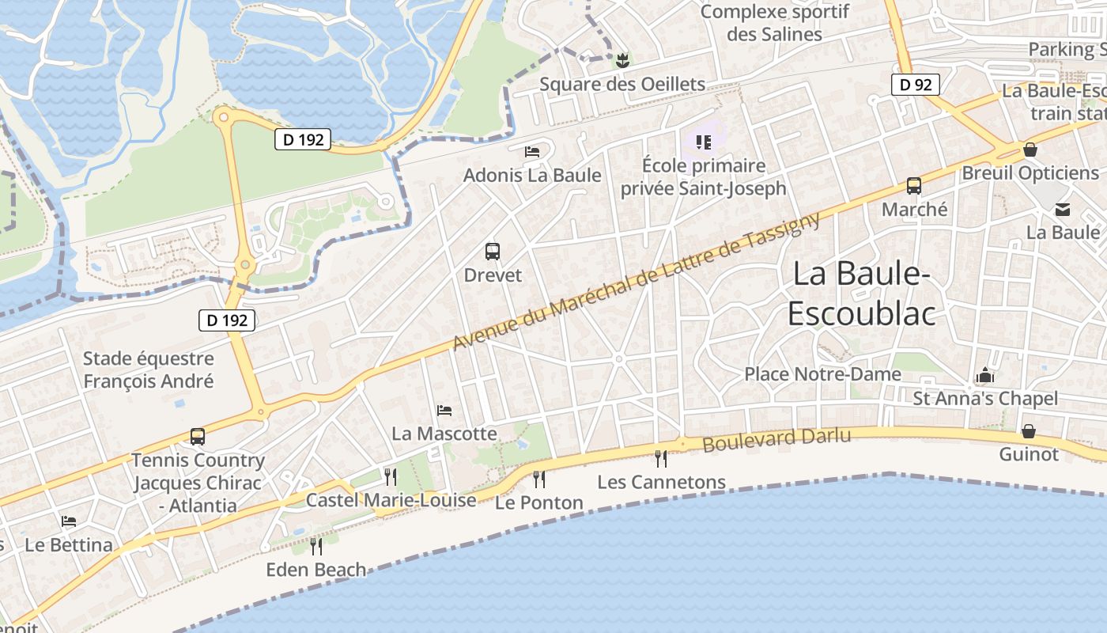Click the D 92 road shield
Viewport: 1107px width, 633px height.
point(916,84)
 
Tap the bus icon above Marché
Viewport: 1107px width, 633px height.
point(914,186)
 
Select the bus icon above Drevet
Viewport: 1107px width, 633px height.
point(493,252)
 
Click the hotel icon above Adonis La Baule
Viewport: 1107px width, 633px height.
point(532,151)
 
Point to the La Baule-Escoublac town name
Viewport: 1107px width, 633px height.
point(861,294)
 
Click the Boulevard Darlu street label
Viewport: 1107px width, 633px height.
point(776,439)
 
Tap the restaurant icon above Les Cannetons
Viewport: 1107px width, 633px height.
point(661,458)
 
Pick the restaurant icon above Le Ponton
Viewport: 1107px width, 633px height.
point(539,479)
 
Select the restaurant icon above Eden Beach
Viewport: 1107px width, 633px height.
point(316,546)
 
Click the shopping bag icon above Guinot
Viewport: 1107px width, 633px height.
point(1029,431)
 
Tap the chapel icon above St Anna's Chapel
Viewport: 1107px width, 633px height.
point(985,374)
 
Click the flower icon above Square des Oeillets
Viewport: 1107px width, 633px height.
point(622,59)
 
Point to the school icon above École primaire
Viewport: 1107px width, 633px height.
point(704,142)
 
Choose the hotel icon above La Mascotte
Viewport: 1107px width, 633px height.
point(444,410)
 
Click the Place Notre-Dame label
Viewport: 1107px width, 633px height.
point(822,373)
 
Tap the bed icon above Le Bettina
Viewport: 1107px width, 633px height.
point(69,521)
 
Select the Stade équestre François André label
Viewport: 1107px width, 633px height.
point(149,370)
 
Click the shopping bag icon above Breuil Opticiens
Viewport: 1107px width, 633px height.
point(1030,150)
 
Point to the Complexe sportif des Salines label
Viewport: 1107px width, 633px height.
point(775,23)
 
